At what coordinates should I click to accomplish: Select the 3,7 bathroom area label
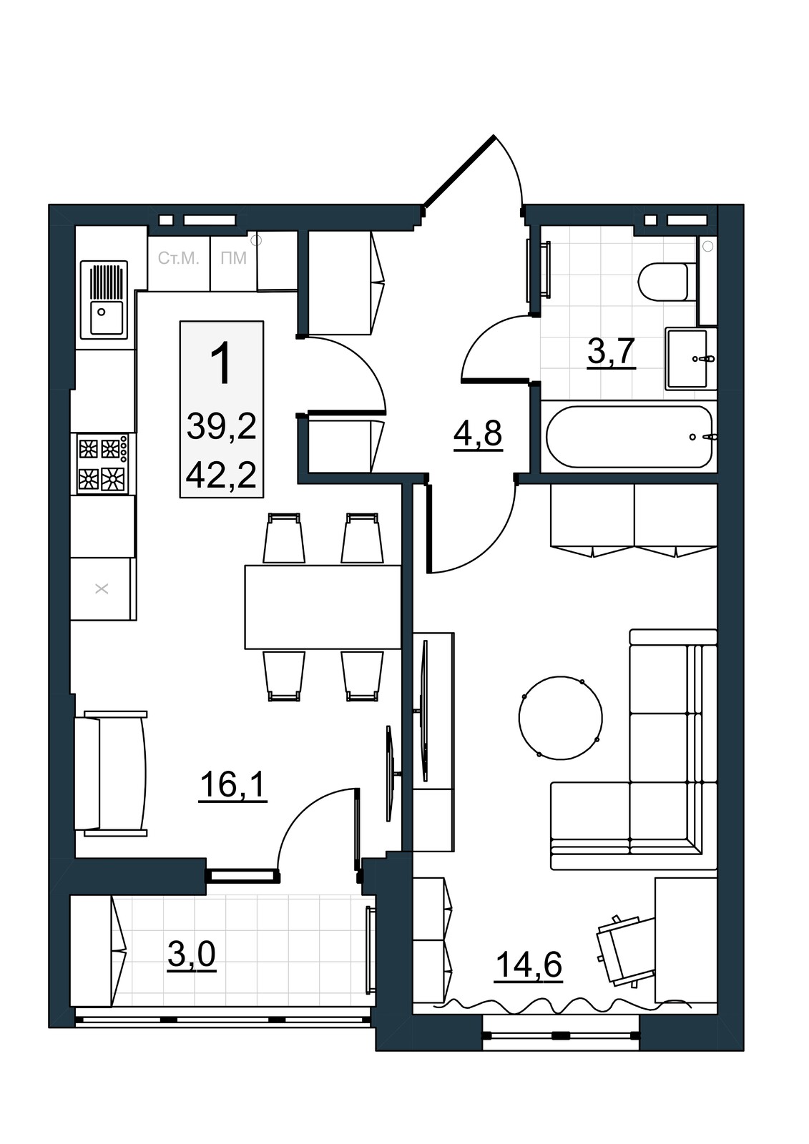coord(612,352)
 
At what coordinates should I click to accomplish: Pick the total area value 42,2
coord(221,476)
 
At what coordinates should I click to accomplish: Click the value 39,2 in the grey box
coord(221,427)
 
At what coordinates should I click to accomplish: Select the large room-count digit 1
coord(222,363)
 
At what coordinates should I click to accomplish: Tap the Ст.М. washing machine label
coord(178,258)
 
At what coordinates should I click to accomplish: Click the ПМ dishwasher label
coord(234,258)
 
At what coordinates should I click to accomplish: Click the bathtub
coord(629,437)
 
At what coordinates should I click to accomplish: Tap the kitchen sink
coord(104,300)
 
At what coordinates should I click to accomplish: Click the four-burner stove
coord(103,464)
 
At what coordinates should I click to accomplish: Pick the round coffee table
coord(561,718)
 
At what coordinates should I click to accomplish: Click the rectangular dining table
coord(323,607)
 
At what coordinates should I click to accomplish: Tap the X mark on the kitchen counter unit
coord(102,589)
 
